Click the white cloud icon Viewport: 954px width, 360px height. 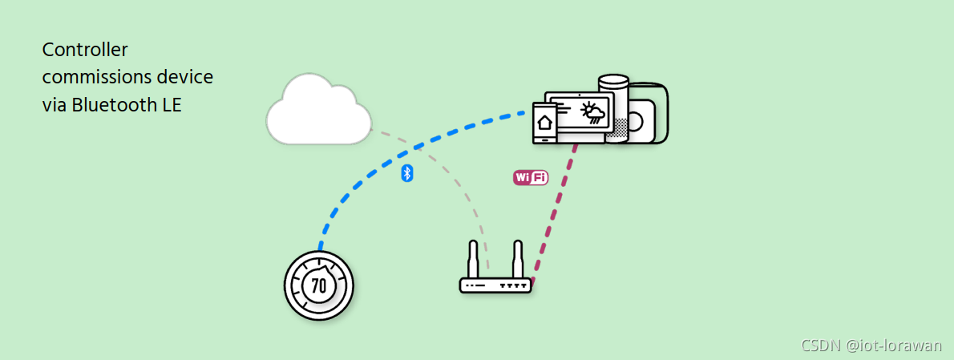click(318, 111)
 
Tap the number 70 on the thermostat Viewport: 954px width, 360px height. click(318, 285)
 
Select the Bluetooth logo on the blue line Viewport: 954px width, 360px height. click(406, 173)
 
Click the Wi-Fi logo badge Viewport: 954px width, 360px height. click(530, 177)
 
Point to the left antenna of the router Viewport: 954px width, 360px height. click(474, 259)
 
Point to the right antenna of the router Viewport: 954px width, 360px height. click(518, 259)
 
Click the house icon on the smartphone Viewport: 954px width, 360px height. click(545, 123)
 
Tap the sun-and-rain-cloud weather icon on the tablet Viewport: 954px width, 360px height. click(593, 112)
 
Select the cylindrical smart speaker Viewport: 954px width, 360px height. click(615, 104)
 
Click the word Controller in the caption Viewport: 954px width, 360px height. click(85, 50)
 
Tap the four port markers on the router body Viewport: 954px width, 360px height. click(513, 285)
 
